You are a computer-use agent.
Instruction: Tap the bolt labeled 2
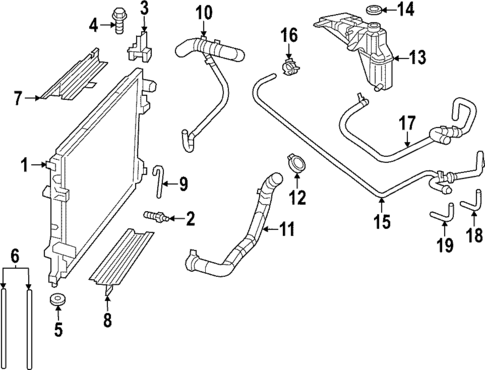[x=154, y=216]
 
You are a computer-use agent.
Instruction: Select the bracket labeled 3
[x=143, y=49]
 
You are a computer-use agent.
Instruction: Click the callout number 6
[x=14, y=256]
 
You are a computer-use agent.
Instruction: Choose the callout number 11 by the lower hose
[x=287, y=229]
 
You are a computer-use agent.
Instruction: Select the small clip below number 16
[x=290, y=69]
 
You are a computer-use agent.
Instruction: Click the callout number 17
[x=408, y=124]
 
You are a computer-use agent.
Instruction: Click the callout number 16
[x=288, y=36]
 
